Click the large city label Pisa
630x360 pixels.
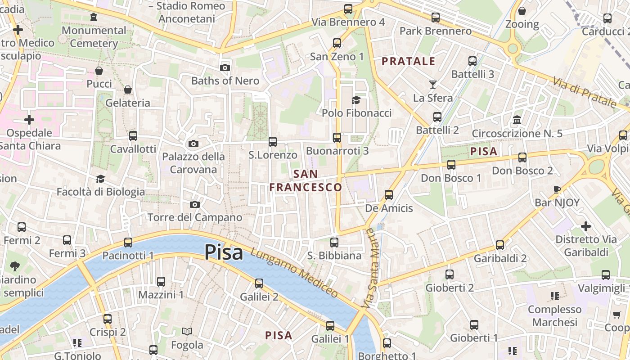coord(224,252)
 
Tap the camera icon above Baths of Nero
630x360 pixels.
coord(225,68)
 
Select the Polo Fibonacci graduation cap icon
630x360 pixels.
coord(356,100)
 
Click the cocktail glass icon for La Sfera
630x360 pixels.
coord(432,84)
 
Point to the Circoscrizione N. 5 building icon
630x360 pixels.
coord(517,120)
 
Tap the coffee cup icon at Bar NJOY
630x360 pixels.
coord(557,189)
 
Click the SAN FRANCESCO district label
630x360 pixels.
coord(306,180)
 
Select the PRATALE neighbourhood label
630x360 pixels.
coord(409,61)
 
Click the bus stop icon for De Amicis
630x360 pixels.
coord(389,195)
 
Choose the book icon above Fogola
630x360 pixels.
coord(187,332)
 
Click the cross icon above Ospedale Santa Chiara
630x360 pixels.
coord(29,120)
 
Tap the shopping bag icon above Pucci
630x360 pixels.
coord(99,71)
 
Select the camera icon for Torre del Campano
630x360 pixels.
coord(194,205)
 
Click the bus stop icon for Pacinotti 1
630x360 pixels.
coord(128,243)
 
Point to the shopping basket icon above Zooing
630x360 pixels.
coord(522,11)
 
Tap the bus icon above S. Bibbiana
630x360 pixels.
coord(334,243)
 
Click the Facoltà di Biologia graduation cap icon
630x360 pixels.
coord(100,179)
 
